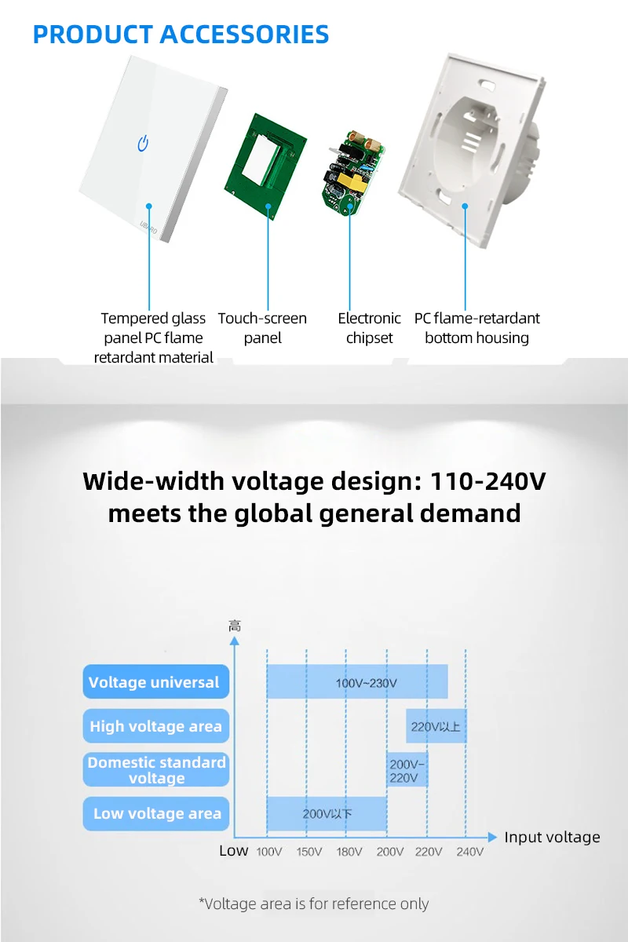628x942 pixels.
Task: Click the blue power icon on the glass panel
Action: click(143, 144)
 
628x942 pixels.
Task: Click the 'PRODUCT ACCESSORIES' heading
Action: click(181, 35)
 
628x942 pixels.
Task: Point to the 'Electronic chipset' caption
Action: click(369, 328)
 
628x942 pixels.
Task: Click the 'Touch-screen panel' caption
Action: click(262, 328)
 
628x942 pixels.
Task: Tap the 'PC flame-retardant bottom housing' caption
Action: click(476, 328)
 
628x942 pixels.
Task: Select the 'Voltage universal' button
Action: click(155, 682)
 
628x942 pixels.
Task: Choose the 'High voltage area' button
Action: click(155, 726)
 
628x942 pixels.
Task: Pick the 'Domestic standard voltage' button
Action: click(155, 770)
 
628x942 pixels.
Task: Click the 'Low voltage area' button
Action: click(155, 813)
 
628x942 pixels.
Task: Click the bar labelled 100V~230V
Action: click(357, 682)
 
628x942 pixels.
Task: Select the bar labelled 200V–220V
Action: click(407, 770)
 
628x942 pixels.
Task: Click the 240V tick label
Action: click(469, 852)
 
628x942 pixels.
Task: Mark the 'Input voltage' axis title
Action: click(552, 838)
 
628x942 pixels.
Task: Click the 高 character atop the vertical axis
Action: click(235, 626)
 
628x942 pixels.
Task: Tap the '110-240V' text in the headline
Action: click(487, 480)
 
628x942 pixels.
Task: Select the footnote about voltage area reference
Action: click(314, 904)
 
